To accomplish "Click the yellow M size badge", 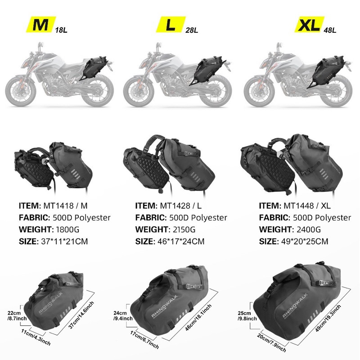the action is [x=40, y=24].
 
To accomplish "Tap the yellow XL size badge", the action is [x=309, y=24].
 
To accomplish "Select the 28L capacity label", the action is [x=192, y=30].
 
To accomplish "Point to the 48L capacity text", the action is [x=330, y=30].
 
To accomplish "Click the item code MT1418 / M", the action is [x=65, y=206].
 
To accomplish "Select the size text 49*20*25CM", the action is [x=305, y=241].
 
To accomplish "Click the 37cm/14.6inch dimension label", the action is [x=81, y=315].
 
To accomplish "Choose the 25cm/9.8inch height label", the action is [x=247, y=316].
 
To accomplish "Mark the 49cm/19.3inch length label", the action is [x=328, y=318].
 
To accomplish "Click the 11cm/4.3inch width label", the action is [x=36, y=337].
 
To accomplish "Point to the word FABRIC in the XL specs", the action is [x=274, y=217].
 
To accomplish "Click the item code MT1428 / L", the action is [x=181, y=206].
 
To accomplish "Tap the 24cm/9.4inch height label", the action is [x=123, y=316].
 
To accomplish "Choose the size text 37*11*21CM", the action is [x=64, y=241].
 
